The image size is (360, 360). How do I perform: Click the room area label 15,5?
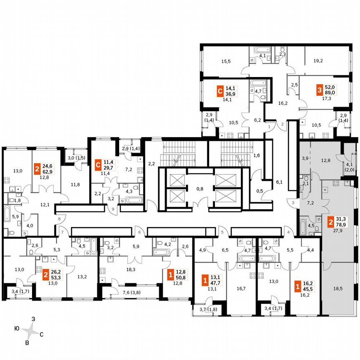226,61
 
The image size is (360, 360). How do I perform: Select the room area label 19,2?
318,61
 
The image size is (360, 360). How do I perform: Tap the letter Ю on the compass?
16,329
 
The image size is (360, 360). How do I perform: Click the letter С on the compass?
42,334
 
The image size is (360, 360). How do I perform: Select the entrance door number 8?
60,218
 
